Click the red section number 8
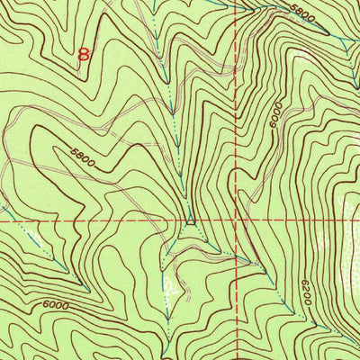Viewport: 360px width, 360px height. (x=85, y=54)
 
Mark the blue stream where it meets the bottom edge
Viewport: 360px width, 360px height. (x=167, y=357)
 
